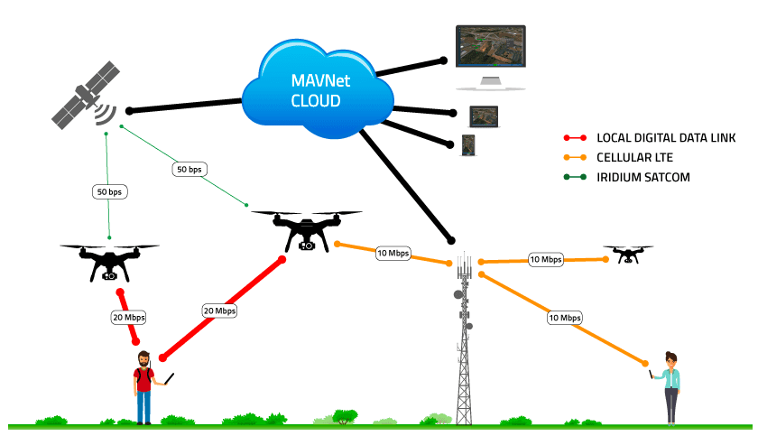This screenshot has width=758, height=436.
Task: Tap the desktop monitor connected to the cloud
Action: [491, 56]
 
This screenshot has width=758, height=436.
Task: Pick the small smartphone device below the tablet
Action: [467, 144]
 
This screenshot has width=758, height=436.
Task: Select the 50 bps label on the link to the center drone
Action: [189, 169]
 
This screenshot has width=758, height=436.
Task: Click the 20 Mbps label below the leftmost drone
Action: [128, 317]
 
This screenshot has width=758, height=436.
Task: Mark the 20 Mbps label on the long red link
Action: [219, 311]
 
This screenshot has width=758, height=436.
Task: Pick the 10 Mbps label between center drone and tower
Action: [393, 254]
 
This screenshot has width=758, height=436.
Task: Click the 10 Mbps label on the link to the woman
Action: [565, 317]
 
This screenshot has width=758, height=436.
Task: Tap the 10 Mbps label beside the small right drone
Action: [545, 259]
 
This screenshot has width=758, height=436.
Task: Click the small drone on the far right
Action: [628, 254]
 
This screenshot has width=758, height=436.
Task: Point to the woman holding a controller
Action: [670, 385]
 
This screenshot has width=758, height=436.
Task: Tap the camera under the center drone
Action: [308, 245]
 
